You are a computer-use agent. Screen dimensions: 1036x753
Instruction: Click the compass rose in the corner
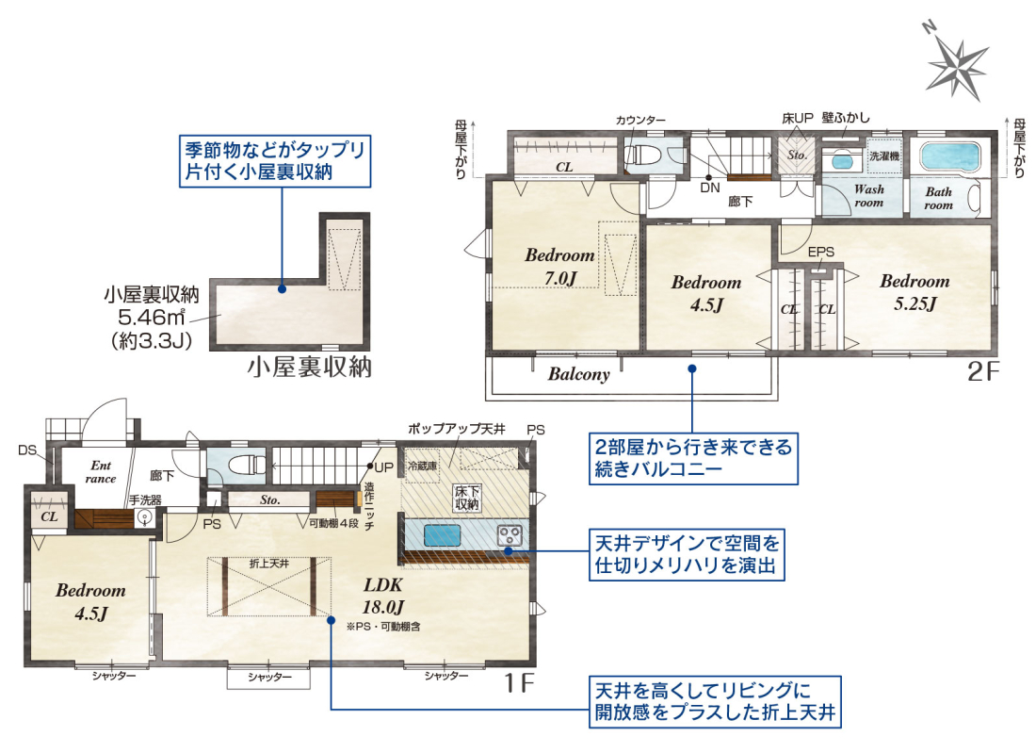tap(956, 65)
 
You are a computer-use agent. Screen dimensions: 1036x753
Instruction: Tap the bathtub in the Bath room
tap(948, 157)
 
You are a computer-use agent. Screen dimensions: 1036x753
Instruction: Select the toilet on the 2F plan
tap(642, 156)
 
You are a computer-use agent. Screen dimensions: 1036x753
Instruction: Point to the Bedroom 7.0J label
tap(559, 267)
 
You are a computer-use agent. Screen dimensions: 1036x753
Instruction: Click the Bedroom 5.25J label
tap(915, 292)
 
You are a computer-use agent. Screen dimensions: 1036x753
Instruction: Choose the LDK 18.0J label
tap(383, 596)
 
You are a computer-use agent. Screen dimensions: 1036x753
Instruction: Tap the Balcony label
tap(579, 374)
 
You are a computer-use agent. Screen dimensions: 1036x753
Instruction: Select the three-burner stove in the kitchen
tap(510, 534)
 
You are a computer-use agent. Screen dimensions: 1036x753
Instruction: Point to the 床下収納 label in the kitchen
tap(466, 498)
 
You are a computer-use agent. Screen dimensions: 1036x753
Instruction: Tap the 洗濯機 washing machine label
tap(884, 156)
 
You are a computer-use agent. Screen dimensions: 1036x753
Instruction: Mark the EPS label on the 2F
tap(820, 252)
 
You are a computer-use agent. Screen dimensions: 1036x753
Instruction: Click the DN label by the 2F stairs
tap(710, 188)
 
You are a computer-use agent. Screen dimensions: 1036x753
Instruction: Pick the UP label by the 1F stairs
tap(384, 467)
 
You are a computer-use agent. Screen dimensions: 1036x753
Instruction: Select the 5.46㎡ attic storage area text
tap(151, 318)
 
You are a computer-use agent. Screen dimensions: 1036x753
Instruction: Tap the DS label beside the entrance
tap(27, 450)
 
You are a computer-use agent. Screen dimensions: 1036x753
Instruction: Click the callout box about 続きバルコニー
tap(693, 458)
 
